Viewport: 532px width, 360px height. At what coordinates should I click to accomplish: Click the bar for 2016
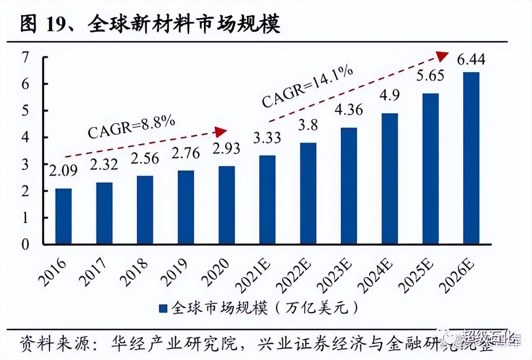tap(63, 216)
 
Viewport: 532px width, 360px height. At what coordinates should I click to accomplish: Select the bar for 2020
tap(227, 205)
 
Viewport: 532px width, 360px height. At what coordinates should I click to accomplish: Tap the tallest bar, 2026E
tap(471, 158)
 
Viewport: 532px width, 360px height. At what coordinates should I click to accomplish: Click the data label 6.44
tap(471, 60)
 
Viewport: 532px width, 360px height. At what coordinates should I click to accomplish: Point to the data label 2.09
tap(63, 171)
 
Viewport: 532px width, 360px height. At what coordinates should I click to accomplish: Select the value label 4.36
tap(348, 110)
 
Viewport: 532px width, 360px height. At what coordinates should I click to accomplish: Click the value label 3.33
tap(266, 137)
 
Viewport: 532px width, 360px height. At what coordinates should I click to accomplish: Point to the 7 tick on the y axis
tap(25, 57)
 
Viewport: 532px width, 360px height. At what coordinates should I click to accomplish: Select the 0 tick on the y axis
tap(25, 244)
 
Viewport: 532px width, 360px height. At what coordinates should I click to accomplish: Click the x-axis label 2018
tap(135, 272)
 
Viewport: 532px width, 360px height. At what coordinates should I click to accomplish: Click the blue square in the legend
tap(163, 308)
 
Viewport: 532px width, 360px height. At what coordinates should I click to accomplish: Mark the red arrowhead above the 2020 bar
tap(221, 132)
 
